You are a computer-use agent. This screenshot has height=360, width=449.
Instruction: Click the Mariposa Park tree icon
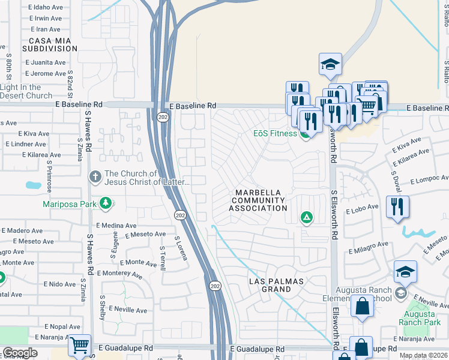pos(106,203)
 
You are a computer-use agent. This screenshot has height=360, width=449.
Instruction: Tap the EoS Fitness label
pos(276,133)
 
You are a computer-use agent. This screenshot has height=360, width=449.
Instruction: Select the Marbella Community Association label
pos(258,200)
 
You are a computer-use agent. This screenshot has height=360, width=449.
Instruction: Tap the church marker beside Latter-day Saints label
pos(94,177)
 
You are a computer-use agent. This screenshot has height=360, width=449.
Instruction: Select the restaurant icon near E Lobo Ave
pos(397,206)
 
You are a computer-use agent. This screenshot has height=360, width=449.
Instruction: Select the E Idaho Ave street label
pos(46,7)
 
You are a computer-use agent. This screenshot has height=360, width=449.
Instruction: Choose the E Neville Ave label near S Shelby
pos(127,310)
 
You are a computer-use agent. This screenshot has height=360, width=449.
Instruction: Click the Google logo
pos(20,353)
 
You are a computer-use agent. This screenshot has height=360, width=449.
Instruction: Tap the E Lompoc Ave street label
pos(429,179)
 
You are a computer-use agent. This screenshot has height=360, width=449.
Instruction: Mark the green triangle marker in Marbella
pos(307,217)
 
